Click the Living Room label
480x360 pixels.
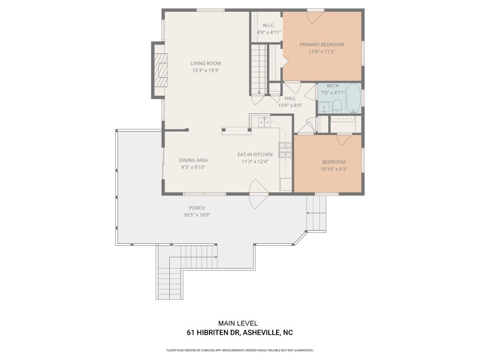206,63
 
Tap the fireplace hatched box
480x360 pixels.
161,70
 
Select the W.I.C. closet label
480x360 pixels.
269,25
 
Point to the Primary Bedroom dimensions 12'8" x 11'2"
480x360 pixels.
322,52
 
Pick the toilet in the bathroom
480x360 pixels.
337,105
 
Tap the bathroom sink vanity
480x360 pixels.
324,107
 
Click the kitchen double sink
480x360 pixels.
264,122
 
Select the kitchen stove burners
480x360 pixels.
285,150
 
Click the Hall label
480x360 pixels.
290,98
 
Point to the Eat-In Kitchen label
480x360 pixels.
255,155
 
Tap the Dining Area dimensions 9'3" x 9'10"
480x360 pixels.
193,167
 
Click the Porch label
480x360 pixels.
197,208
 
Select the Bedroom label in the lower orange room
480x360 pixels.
334,162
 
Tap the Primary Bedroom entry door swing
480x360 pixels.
315,17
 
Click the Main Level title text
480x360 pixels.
238,323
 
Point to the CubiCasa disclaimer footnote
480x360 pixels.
240,350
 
